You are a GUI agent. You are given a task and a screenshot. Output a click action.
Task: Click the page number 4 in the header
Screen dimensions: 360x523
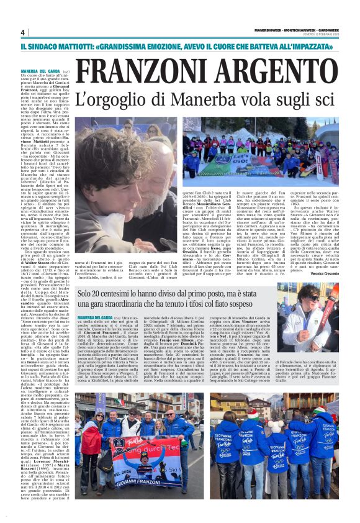point(22,32)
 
